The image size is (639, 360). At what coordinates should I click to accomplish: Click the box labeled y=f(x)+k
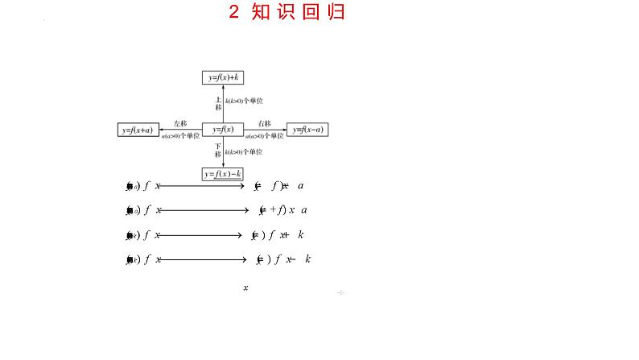click(x=224, y=77)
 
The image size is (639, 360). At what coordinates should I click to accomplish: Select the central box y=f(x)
click(x=223, y=130)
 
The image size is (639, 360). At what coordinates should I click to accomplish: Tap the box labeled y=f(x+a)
click(x=138, y=130)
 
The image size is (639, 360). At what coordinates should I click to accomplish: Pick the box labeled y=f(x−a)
click(x=308, y=130)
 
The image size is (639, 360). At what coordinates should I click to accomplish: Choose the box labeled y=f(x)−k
click(x=223, y=174)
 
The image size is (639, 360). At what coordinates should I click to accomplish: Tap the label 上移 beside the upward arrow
click(x=218, y=102)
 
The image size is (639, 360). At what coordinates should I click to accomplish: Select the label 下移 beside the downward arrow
click(x=218, y=150)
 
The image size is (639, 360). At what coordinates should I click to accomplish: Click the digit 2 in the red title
click(x=234, y=12)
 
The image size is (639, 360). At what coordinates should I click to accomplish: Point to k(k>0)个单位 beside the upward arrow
click(x=244, y=101)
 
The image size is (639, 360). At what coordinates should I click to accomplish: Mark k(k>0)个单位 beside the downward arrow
click(x=244, y=151)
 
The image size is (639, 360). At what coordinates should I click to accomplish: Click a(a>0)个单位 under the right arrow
click(x=265, y=137)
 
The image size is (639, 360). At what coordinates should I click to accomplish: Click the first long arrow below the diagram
click(x=201, y=186)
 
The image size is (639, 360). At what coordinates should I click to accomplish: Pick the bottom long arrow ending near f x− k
click(x=201, y=259)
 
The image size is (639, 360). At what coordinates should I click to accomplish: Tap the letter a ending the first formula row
click(x=300, y=186)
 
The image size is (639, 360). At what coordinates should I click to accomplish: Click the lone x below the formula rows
click(x=245, y=288)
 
